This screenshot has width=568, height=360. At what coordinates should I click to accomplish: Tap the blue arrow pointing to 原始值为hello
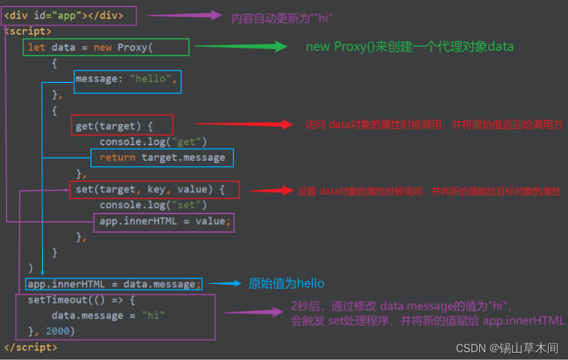[224, 283]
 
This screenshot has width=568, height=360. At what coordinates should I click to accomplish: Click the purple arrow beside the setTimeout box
[254, 312]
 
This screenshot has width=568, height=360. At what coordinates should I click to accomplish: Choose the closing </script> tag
[31, 347]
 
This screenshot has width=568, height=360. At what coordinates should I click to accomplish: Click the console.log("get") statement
[153, 142]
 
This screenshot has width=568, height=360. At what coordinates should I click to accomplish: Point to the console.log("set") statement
[153, 205]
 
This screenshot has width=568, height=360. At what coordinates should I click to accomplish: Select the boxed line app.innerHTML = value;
[163, 221]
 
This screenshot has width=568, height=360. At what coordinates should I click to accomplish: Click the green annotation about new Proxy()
[409, 47]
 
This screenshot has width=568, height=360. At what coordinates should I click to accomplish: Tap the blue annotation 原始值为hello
[286, 283]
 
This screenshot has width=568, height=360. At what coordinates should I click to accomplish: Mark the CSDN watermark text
[507, 348]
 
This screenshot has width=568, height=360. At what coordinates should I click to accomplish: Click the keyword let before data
[37, 47]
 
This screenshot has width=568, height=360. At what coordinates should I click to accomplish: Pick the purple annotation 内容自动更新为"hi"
[281, 18]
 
